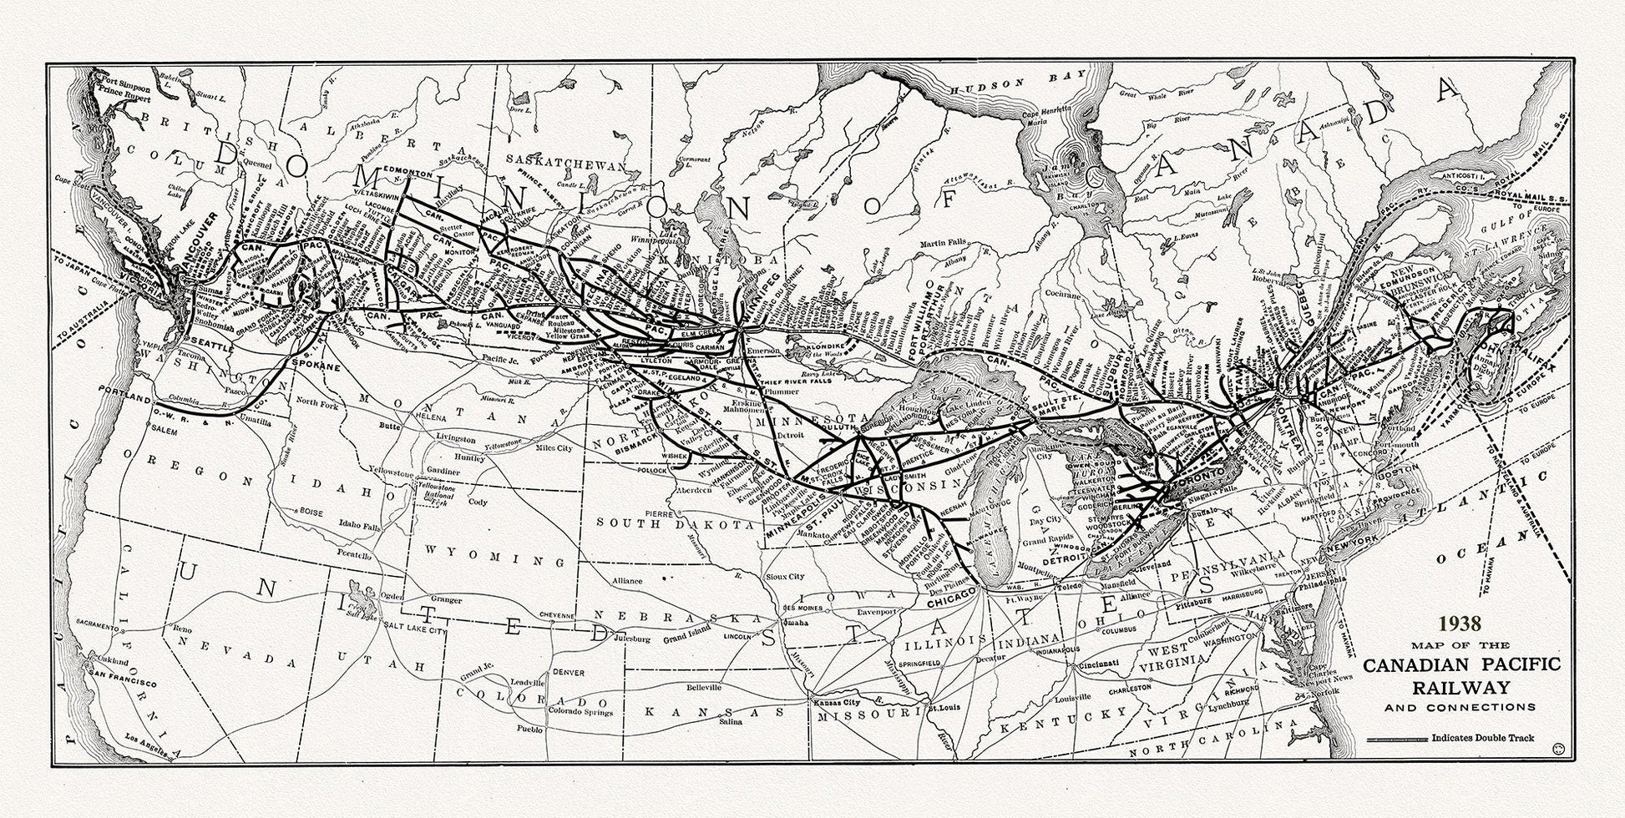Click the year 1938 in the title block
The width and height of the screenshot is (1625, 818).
(1458, 623)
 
